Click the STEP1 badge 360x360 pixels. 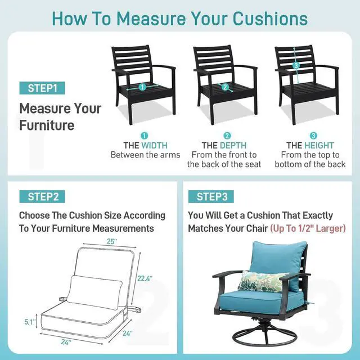42,88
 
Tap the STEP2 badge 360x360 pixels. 43,196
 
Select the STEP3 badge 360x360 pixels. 211,196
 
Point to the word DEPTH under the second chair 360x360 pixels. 233,145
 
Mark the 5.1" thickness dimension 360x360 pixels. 30,322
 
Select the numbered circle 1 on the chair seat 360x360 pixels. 142,87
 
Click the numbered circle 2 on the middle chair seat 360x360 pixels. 227,87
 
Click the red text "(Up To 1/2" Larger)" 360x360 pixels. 308,229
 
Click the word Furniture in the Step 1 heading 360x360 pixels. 47,125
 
